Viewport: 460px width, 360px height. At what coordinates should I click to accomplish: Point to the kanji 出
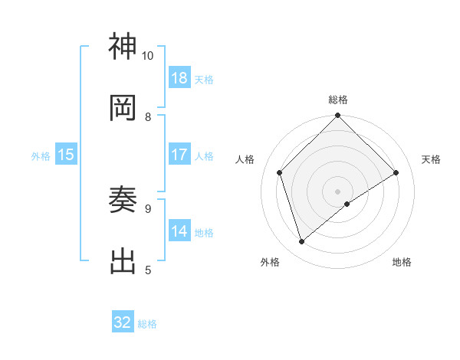[123, 260]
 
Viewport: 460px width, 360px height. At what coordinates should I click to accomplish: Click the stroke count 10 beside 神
[147, 56]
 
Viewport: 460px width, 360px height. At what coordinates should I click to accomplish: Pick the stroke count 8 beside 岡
[148, 116]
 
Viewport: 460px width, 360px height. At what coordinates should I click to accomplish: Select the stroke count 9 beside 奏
[148, 208]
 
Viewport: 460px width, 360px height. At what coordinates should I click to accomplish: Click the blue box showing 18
[179, 78]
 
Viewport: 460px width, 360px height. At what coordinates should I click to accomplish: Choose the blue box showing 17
[179, 155]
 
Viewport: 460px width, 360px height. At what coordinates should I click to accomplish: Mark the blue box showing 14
[179, 231]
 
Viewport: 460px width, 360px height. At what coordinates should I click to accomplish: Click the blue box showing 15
[66, 155]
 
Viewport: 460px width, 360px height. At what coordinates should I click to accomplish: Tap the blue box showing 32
[123, 322]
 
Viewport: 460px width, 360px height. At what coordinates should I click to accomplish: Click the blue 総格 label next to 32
[147, 324]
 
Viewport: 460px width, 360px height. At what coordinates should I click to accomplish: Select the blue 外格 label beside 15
[41, 156]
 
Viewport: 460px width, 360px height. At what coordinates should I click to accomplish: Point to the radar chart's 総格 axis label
[338, 100]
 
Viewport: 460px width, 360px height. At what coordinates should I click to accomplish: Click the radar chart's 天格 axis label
[431, 159]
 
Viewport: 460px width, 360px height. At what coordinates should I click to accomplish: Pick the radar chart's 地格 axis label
[402, 262]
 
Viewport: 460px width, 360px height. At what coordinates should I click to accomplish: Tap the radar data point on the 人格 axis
[280, 172]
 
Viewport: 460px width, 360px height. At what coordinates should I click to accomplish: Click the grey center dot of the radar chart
[338, 191]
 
